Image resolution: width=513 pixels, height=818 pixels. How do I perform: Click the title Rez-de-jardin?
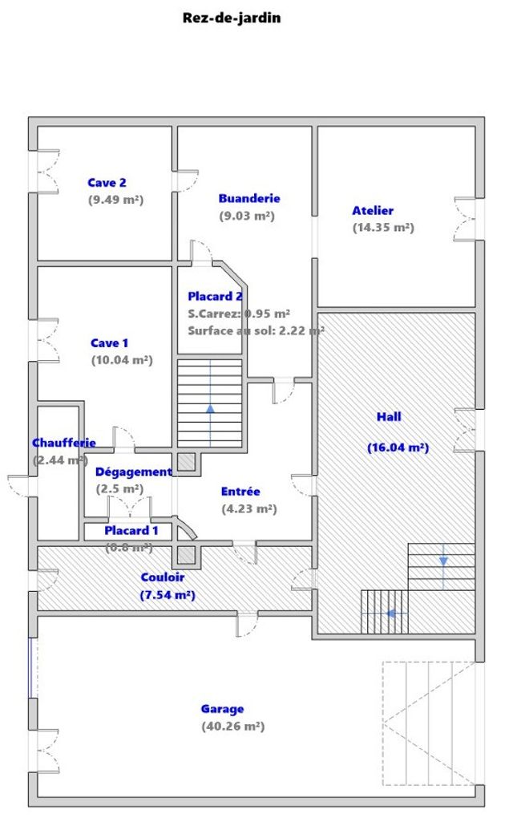coord(232,17)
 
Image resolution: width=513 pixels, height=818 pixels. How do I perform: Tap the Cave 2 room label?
coord(107,183)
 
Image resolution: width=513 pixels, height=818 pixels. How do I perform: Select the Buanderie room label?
coord(249,198)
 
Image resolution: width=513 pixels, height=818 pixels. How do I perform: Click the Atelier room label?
coord(373,210)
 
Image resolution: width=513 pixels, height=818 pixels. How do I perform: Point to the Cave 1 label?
coord(109,343)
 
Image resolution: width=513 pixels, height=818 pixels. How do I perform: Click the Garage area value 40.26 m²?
coord(232,727)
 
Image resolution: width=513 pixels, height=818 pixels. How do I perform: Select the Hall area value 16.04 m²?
coord(398,447)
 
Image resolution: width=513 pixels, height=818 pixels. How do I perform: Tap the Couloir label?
coord(163,577)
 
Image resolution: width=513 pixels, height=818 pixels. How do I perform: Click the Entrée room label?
coord(240,492)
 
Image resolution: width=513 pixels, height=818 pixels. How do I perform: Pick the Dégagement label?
coord(133,472)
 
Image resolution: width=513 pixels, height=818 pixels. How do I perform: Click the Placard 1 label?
coord(131,530)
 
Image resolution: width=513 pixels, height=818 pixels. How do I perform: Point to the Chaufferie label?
coord(64,443)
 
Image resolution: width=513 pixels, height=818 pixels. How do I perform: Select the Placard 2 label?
coord(215,296)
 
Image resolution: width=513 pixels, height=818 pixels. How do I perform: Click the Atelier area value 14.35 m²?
coord(383,228)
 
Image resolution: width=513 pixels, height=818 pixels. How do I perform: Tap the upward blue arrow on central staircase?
coord(210,407)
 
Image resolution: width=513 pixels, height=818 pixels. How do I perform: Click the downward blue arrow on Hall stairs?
coord(443,560)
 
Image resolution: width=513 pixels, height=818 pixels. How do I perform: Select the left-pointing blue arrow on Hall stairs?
coord(392,613)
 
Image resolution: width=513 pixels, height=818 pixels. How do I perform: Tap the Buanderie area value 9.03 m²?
coord(247,216)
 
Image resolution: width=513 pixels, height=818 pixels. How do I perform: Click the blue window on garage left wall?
coord(30,667)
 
